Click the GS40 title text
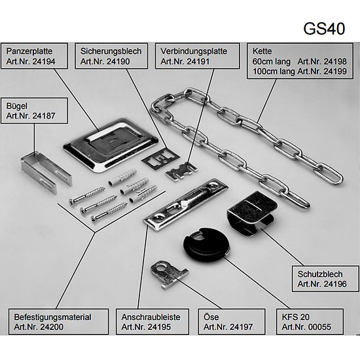[x=324, y=29]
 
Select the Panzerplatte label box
[x=35, y=56]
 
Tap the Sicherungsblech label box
[x=111, y=56]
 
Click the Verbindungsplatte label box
[x=197, y=56]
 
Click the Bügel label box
[x=35, y=111]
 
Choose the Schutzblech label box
[x=325, y=279]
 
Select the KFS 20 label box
[x=310, y=321]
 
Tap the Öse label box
[x=232, y=321]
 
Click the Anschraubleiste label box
[x=153, y=321]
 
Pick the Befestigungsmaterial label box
[x=58, y=321]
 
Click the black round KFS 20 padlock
[x=206, y=245]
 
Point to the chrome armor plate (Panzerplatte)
[x=111, y=145]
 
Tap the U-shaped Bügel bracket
[x=46, y=171]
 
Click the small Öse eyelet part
[x=168, y=274]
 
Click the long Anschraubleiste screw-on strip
[x=185, y=204]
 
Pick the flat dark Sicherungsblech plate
[x=160, y=158]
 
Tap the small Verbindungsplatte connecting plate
[x=181, y=171]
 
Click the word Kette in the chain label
[x=262, y=51]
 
